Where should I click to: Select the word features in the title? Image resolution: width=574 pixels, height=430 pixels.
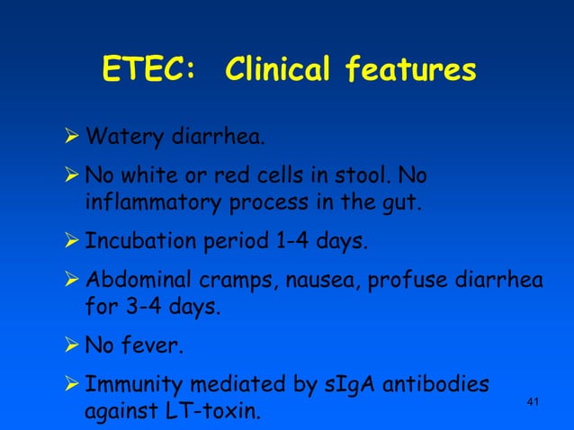[413, 69]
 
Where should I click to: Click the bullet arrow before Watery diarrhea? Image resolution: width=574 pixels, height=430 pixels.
[74, 139]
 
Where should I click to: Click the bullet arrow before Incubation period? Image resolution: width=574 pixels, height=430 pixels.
[74, 242]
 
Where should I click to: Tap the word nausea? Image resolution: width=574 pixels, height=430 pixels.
[318, 282]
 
